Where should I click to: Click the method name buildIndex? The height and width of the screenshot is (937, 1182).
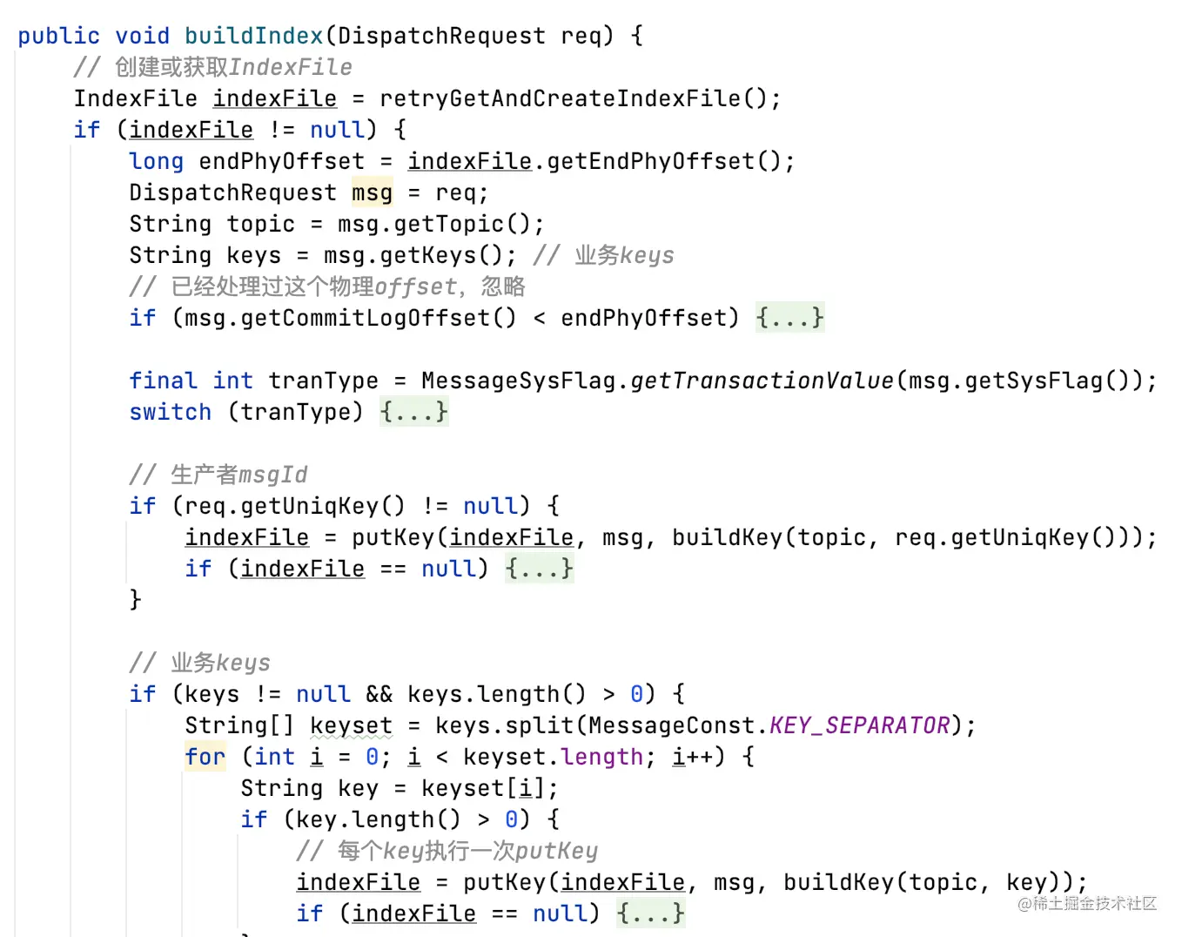(253, 36)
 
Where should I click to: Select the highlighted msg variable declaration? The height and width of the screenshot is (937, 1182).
(372, 192)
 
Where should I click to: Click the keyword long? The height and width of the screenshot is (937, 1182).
(156, 161)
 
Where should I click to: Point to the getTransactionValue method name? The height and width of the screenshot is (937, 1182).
(762, 381)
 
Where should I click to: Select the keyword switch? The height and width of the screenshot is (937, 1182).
(170, 412)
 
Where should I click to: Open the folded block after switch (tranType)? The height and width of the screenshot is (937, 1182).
(413, 412)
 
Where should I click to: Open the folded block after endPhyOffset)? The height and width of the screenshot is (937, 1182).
(789, 318)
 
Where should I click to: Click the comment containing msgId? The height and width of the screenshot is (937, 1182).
(218, 475)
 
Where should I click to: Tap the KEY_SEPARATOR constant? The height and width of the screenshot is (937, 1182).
(859, 725)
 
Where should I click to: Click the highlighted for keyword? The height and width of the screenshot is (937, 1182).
(205, 757)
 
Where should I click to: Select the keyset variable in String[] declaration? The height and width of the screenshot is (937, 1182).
(351, 725)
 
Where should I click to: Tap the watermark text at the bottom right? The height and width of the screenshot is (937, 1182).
(1087, 904)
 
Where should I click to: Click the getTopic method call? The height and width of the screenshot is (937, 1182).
(448, 224)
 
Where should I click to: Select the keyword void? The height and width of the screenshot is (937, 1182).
(142, 36)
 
